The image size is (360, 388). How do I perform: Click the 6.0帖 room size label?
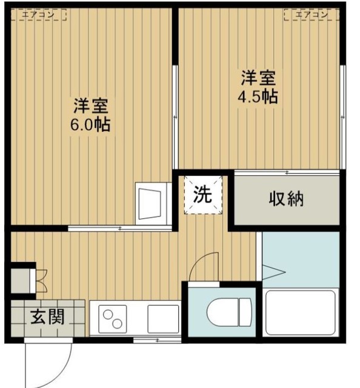tap(90, 125)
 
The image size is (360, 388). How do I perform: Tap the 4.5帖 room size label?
tap(258, 97)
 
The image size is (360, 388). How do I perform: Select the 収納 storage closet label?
tap(286, 199)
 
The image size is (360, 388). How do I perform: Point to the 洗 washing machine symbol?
tap(203, 195)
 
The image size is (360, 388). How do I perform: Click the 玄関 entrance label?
tap(47, 316)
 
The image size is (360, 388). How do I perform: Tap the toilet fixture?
tap(229, 312)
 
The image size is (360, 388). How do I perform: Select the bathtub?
tap(301, 312)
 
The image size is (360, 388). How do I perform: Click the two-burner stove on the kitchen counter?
tap(113, 319)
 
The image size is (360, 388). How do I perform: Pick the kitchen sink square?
tap(163, 319)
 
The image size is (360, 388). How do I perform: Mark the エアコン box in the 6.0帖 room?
tap(39, 15)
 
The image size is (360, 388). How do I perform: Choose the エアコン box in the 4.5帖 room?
tap(312, 15)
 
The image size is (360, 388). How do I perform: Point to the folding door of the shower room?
tap(273, 272)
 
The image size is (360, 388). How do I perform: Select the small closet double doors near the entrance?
tap(42, 281)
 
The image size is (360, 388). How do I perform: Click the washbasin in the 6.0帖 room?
tap(153, 204)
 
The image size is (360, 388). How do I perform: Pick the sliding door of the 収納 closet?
tap(287, 173)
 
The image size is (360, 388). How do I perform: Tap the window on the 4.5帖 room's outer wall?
tap(342, 117)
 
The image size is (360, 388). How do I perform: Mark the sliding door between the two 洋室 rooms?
tap(175, 117)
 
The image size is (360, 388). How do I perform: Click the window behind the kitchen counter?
tap(158, 340)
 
